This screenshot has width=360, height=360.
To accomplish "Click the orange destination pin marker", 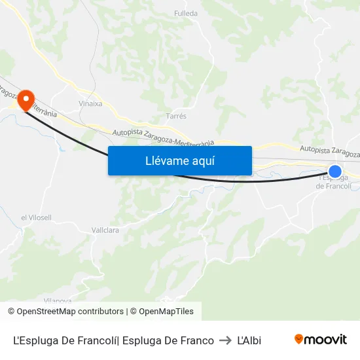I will pos(26,99).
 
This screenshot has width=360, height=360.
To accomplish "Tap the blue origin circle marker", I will pos(334,171).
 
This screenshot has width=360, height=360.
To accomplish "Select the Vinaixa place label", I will pos(90,103).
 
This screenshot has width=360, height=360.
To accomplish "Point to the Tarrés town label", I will pos(177,116).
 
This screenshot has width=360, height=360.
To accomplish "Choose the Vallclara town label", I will pos(105,230).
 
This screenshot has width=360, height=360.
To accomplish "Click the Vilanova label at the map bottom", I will pos(58,300).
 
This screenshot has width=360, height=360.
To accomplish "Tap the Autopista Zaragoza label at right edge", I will pos(329,151).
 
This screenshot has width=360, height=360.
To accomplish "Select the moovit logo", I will pos(320,340).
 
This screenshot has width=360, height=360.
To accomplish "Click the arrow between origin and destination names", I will pos(225,340).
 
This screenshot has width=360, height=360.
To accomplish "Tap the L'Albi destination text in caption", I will pos(249,340).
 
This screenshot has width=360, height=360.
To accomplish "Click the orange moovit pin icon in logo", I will pos(299,340).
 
